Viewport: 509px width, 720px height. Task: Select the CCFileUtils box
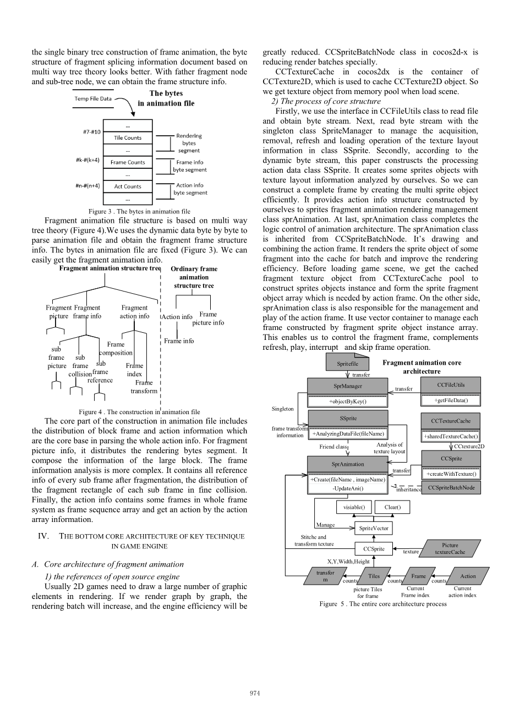pyautogui.click(x=451, y=385)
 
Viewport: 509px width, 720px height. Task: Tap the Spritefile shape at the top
pyautogui.click(x=347, y=364)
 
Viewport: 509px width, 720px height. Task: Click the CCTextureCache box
pyautogui.click(x=451, y=421)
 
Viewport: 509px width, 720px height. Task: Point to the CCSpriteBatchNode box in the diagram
pyautogui.click(x=451, y=488)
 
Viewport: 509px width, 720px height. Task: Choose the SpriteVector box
pyautogui.click(x=374, y=528)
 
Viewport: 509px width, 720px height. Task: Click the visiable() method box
pyautogui.click(x=354, y=507)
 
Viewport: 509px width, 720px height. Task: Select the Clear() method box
pyautogui.click(x=392, y=507)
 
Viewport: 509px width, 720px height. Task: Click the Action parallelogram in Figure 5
pyautogui.click(x=467, y=576)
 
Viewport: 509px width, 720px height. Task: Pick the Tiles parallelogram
pyautogui.click(x=374, y=576)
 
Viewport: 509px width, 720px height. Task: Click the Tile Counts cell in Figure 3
pyautogui.click(x=128, y=138)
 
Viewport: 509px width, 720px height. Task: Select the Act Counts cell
pyautogui.click(x=128, y=186)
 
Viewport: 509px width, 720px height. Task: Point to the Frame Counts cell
pyautogui.click(x=128, y=162)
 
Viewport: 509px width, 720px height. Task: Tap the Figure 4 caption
pyautogui.click(x=139, y=411)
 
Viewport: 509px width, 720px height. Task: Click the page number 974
pyautogui.click(x=255, y=693)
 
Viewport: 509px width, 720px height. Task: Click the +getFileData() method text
pyautogui.click(x=451, y=400)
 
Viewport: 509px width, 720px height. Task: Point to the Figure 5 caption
pyautogui.click(x=383, y=604)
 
